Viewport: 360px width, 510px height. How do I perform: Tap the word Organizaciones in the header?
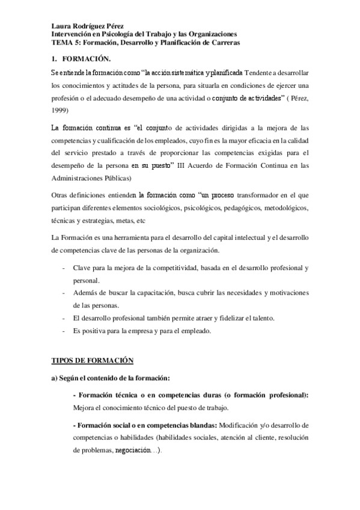pyautogui.click(x=210, y=35)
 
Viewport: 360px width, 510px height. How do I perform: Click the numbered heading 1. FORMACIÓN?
pyautogui.click(x=81, y=59)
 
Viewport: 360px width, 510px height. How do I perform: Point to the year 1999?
pyautogui.click(x=59, y=110)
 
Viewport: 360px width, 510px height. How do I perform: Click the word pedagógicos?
pyautogui.click(x=255, y=208)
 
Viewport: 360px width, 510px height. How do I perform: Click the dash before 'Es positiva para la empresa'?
pyautogui.click(x=64, y=331)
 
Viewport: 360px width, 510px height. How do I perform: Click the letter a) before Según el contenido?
pyautogui.click(x=54, y=378)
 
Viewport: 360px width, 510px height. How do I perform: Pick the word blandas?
pyautogui.click(x=193, y=425)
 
